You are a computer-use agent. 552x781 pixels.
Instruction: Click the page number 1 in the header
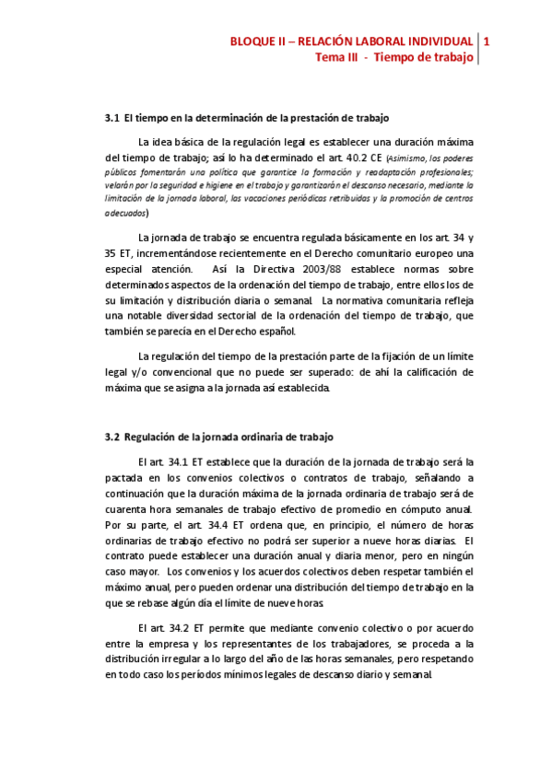coord(487,41)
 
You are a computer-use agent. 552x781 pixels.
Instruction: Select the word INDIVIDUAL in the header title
coord(437,41)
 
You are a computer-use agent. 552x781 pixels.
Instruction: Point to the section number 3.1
coord(112,118)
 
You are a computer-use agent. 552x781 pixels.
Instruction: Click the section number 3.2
coord(112,436)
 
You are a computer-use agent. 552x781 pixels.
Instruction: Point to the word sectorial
coord(240,316)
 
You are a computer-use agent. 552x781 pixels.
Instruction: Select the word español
coord(299,332)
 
